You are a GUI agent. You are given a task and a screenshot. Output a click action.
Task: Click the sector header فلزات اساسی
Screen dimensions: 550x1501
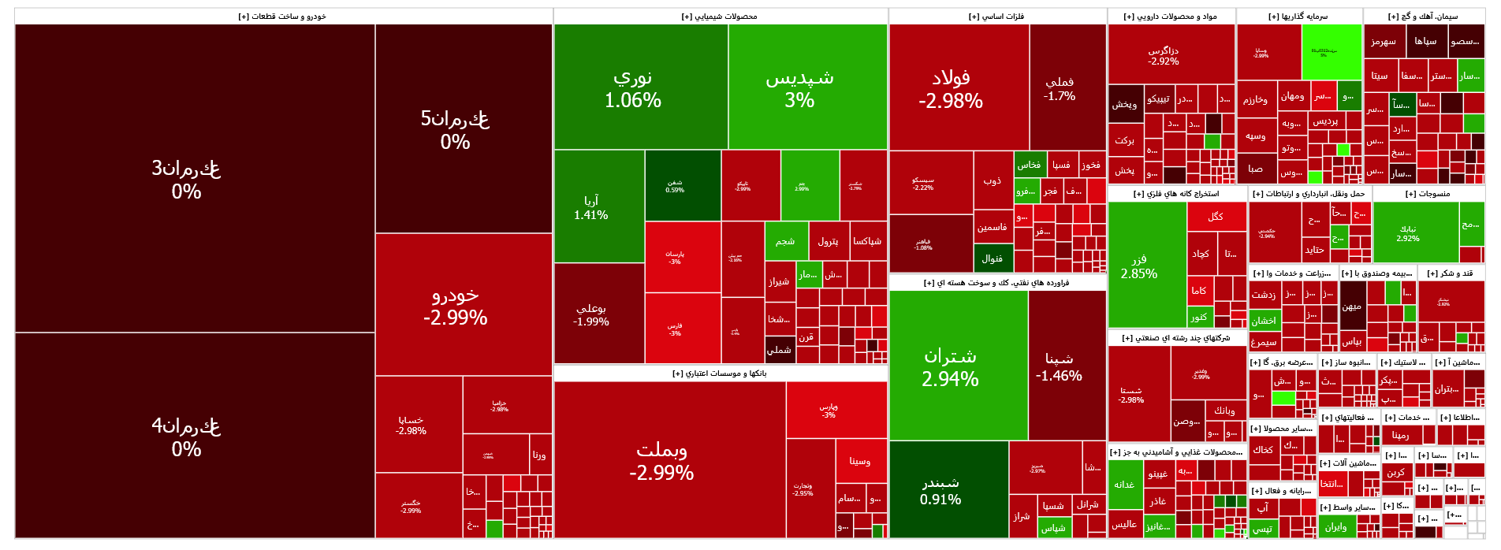(x=996, y=16)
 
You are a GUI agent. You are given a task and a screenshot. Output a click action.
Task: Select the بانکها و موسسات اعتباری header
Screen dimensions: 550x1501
(x=719, y=373)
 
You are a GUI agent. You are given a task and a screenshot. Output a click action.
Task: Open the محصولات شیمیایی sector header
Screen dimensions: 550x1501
(x=719, y=16)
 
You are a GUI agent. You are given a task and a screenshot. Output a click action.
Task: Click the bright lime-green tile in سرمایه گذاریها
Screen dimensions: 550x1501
(x=1331, y=52)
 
